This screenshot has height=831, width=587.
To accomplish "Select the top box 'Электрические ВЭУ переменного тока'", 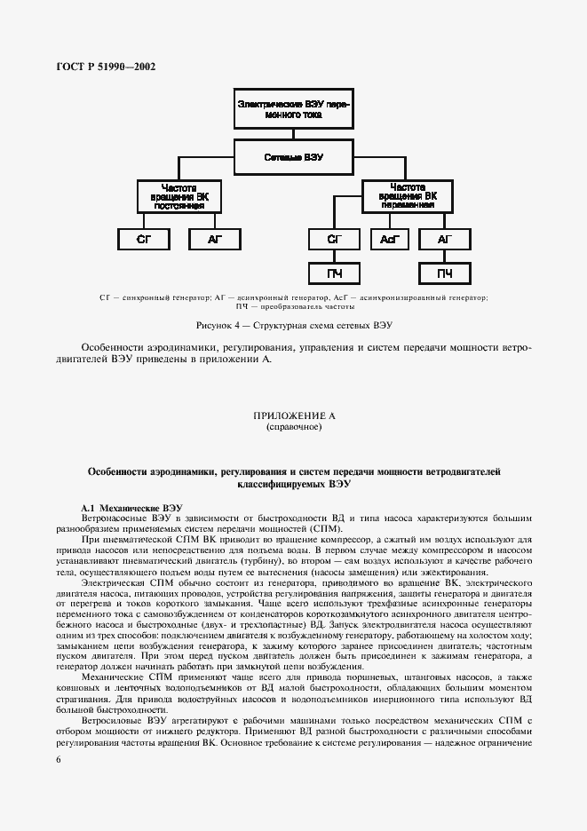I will pos(293,108).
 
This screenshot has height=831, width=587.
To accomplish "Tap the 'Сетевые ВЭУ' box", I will pos(293,157).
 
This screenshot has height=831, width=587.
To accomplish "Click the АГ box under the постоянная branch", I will pos(213,239).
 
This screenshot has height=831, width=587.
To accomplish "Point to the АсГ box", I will pos(389,239).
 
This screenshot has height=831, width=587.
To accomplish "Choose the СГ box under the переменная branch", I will pos(334,239).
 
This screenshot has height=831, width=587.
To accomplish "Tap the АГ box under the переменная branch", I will pos(445,239).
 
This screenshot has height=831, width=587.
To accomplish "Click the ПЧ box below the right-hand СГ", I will pos(334,273).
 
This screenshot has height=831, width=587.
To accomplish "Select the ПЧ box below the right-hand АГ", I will pos(445,273).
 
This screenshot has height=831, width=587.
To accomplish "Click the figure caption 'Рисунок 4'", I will pos(292,326).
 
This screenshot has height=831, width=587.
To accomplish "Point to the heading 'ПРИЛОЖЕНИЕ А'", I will pos(293,415).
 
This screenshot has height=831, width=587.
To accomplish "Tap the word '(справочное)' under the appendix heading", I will pos(293,427).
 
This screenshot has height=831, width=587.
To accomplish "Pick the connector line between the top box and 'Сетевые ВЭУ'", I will pos(293,133).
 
